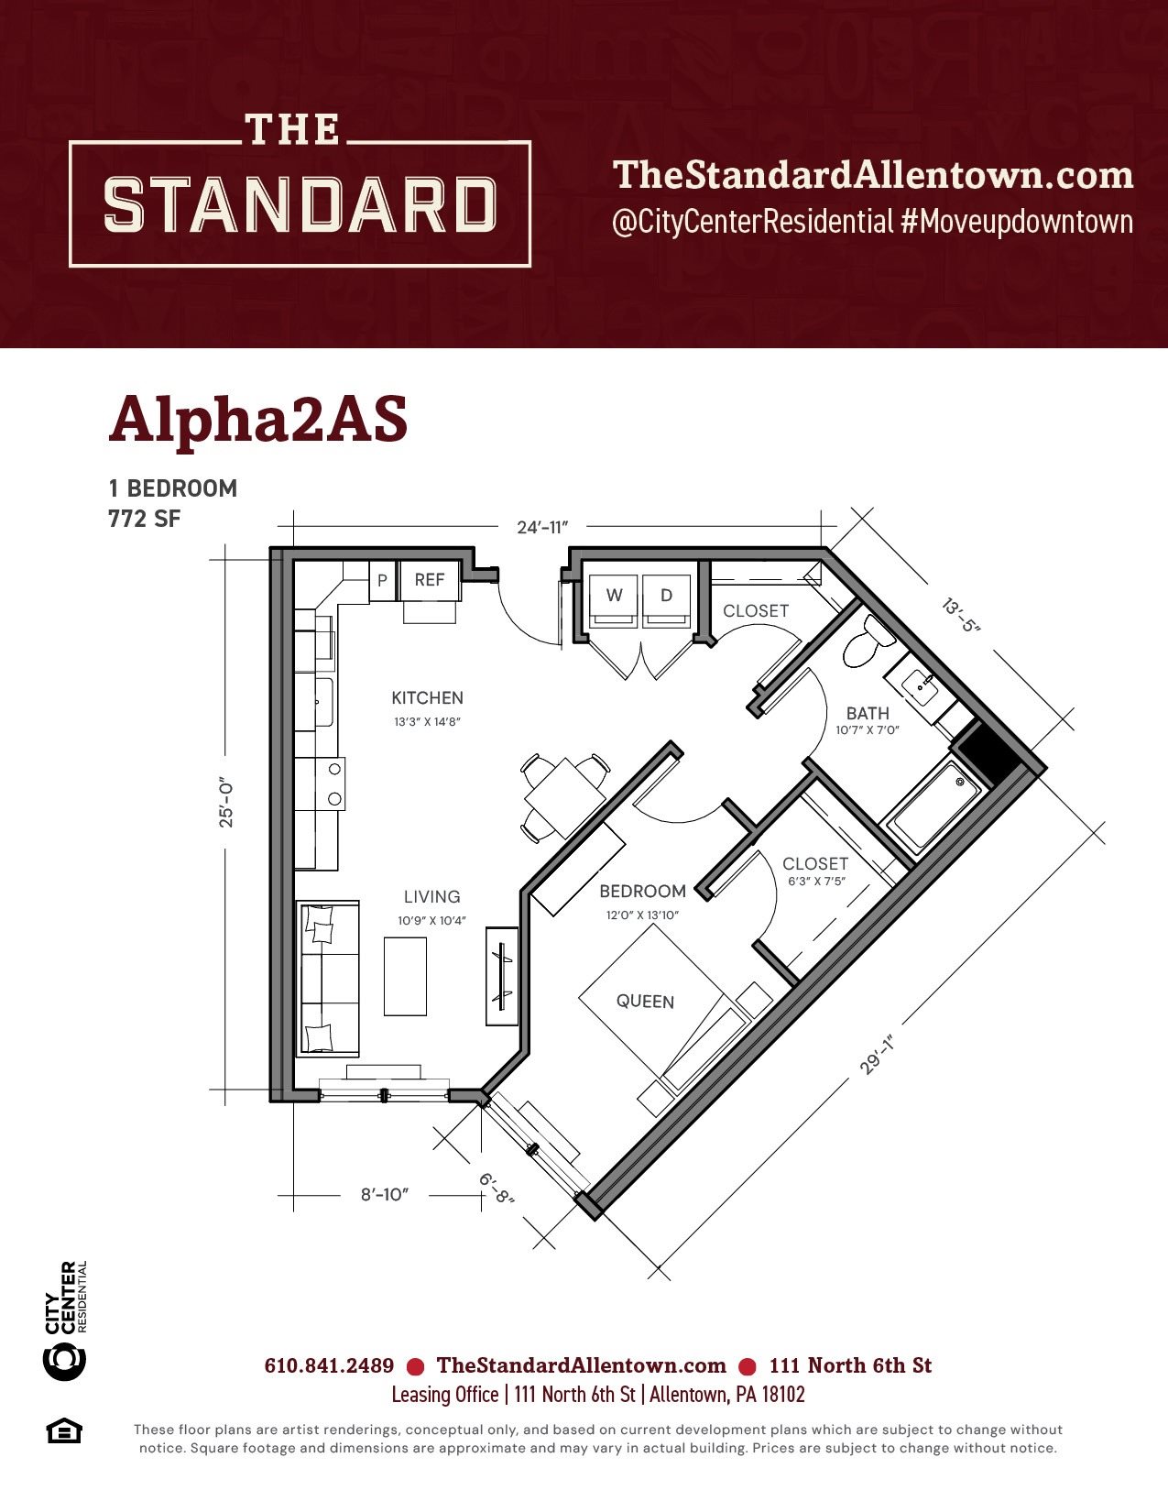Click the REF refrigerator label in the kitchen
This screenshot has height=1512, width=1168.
click(x=430, y=580)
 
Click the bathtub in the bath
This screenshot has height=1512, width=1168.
click(x=933, y=808)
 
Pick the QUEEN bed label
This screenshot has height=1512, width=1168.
click(x=645, y=1002)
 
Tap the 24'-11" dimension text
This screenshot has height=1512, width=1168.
click(x=542, y=528)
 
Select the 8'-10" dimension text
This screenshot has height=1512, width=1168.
click(x=384, y=1195)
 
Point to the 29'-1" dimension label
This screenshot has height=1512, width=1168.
click(x=876, y=1055)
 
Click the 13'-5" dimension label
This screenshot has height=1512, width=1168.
click(x=961, y=615)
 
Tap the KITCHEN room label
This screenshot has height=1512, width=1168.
click(x=427, y=698)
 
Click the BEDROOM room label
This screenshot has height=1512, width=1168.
click(x=643, y=892)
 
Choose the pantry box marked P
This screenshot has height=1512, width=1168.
click(x=382, y=580)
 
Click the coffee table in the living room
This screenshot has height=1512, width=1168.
click(x=406, y=977)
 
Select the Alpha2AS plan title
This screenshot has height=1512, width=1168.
click(x=258, y=421)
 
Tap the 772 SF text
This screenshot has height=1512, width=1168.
click(x=145, y=519)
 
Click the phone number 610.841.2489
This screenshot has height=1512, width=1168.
click(x=329, y=1366)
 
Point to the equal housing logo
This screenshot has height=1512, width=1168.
click(x=64, y=1431)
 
